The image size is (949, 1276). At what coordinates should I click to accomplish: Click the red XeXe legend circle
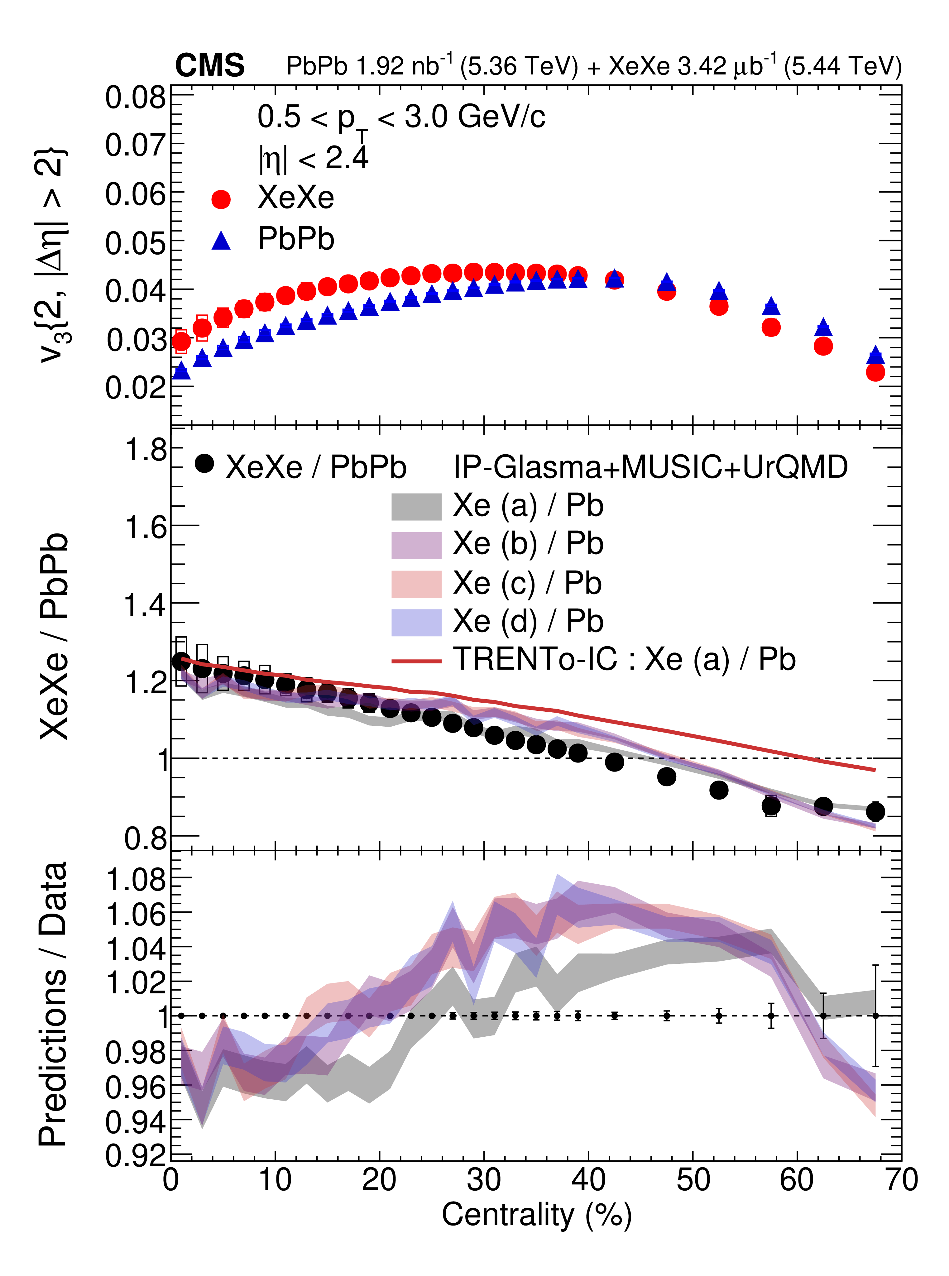click(221, 199)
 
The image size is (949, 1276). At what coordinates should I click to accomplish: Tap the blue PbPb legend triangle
click(221, 241)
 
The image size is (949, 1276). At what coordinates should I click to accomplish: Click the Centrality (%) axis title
click(537, 1215)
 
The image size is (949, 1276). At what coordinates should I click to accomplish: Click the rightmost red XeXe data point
click(875, 372)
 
